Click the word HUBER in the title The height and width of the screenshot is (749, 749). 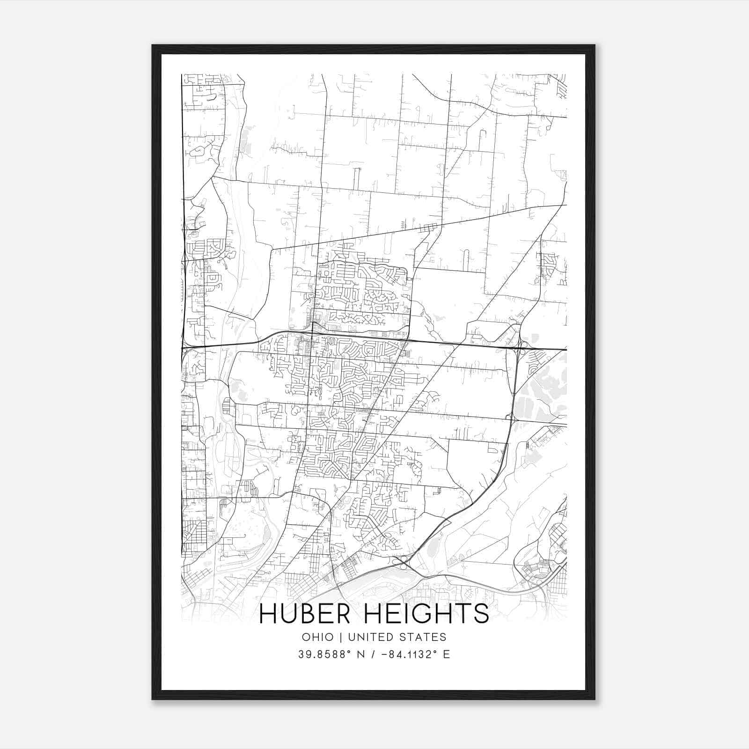coord(304,614)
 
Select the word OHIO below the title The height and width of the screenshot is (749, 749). coord(318,637)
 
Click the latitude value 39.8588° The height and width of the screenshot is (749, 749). coord(325,654)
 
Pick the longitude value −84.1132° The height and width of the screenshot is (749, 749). coord(409,654)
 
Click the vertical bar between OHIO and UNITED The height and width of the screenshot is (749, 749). coord(340,637)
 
